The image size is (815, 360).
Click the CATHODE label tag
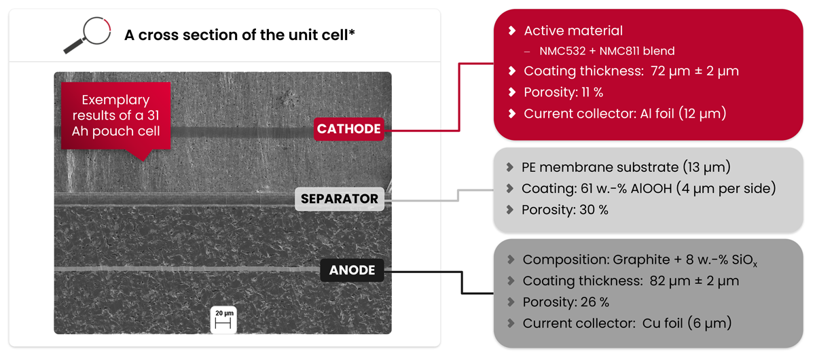tap(348, 129)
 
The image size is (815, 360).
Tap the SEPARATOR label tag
tap(339, 199)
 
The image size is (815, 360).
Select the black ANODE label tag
tap(352, 270)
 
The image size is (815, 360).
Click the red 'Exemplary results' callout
tap(116, 115)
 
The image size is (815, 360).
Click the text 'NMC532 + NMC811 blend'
tap(606, 51)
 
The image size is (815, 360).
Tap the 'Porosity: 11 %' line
tap(563, 92)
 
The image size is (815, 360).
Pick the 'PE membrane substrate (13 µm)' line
tap(626, 167)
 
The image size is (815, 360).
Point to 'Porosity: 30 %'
tap(564, 210)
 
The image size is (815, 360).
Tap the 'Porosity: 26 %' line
tap(565, 302)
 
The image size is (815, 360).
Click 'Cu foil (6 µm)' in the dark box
tap(687, 323)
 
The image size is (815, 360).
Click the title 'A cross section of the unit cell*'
tap(240, 35)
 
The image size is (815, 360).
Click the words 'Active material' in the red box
tap(573, 31)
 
